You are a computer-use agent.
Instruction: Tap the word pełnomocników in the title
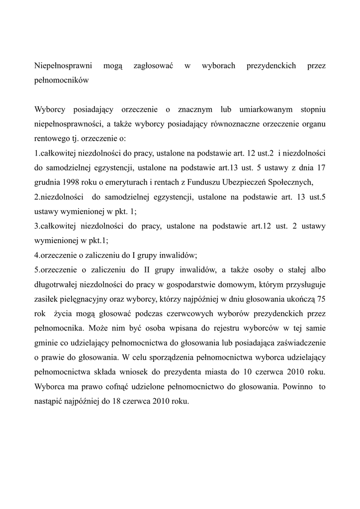point(61,80)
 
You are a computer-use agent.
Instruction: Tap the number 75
point(321,299)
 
